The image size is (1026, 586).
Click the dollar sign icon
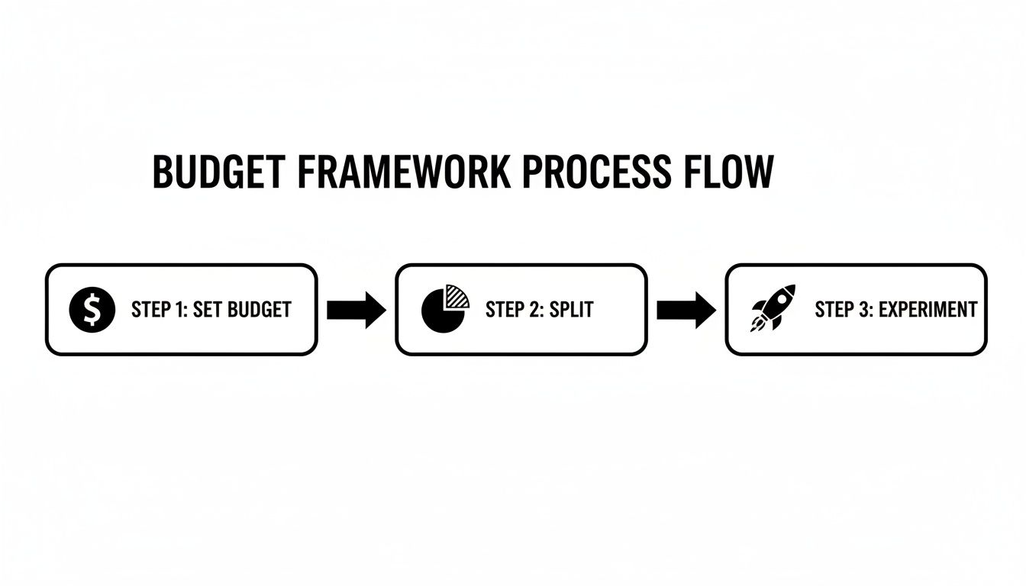tap(92, 310)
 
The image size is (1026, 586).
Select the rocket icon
tap(773, 307)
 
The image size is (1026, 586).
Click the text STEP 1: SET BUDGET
tap(211, 310)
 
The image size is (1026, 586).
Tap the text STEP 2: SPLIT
tap(539, 310)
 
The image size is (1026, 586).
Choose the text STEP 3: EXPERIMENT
tap(895, 310)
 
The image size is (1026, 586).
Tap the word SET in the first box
tap(207, 310)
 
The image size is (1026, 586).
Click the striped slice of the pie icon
tap(457, 295)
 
